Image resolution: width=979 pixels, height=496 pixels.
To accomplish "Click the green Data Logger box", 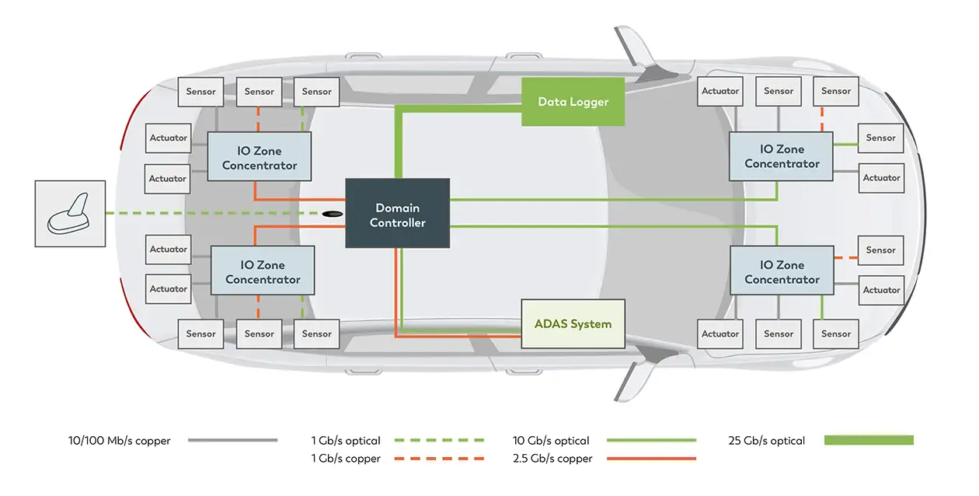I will click(x=573, y=102).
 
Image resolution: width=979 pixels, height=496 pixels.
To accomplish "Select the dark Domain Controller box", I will click(x=397, y=214).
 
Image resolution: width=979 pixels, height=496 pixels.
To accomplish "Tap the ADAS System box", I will click(x=573, y=323).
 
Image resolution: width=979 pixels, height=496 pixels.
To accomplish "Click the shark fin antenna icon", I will click(x=70, y=214).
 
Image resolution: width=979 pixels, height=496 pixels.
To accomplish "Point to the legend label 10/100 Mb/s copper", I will click(x=119, y=441).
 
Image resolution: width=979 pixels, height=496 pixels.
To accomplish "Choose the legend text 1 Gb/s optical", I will click(x=346, y=441).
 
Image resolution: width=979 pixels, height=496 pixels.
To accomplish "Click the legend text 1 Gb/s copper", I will click(x=346, y=459).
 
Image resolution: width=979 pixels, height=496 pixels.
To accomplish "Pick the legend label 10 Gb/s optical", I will click(x=551, y=441).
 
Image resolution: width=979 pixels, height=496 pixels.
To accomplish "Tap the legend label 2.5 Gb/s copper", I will click(x=552, y=459).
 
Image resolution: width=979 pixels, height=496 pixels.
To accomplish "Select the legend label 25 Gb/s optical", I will click(x=766, y=441).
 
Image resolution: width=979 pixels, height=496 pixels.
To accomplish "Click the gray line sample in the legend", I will click(x=232, y=441).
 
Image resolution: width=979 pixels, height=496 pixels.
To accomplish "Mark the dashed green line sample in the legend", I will click(x=439, y=441).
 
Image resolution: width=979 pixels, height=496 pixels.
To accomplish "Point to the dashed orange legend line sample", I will click(x=439, y=459).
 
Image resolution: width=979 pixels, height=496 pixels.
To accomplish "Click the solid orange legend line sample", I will click(x=650, y=459).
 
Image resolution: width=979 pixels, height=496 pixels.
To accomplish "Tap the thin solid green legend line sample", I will click(x=650, y=441).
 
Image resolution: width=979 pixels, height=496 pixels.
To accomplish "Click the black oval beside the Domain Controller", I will click(x=333, y=214).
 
